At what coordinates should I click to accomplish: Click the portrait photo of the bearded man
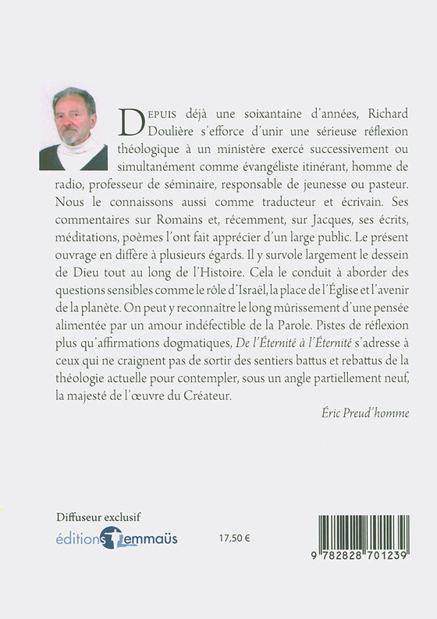point(73,128)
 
